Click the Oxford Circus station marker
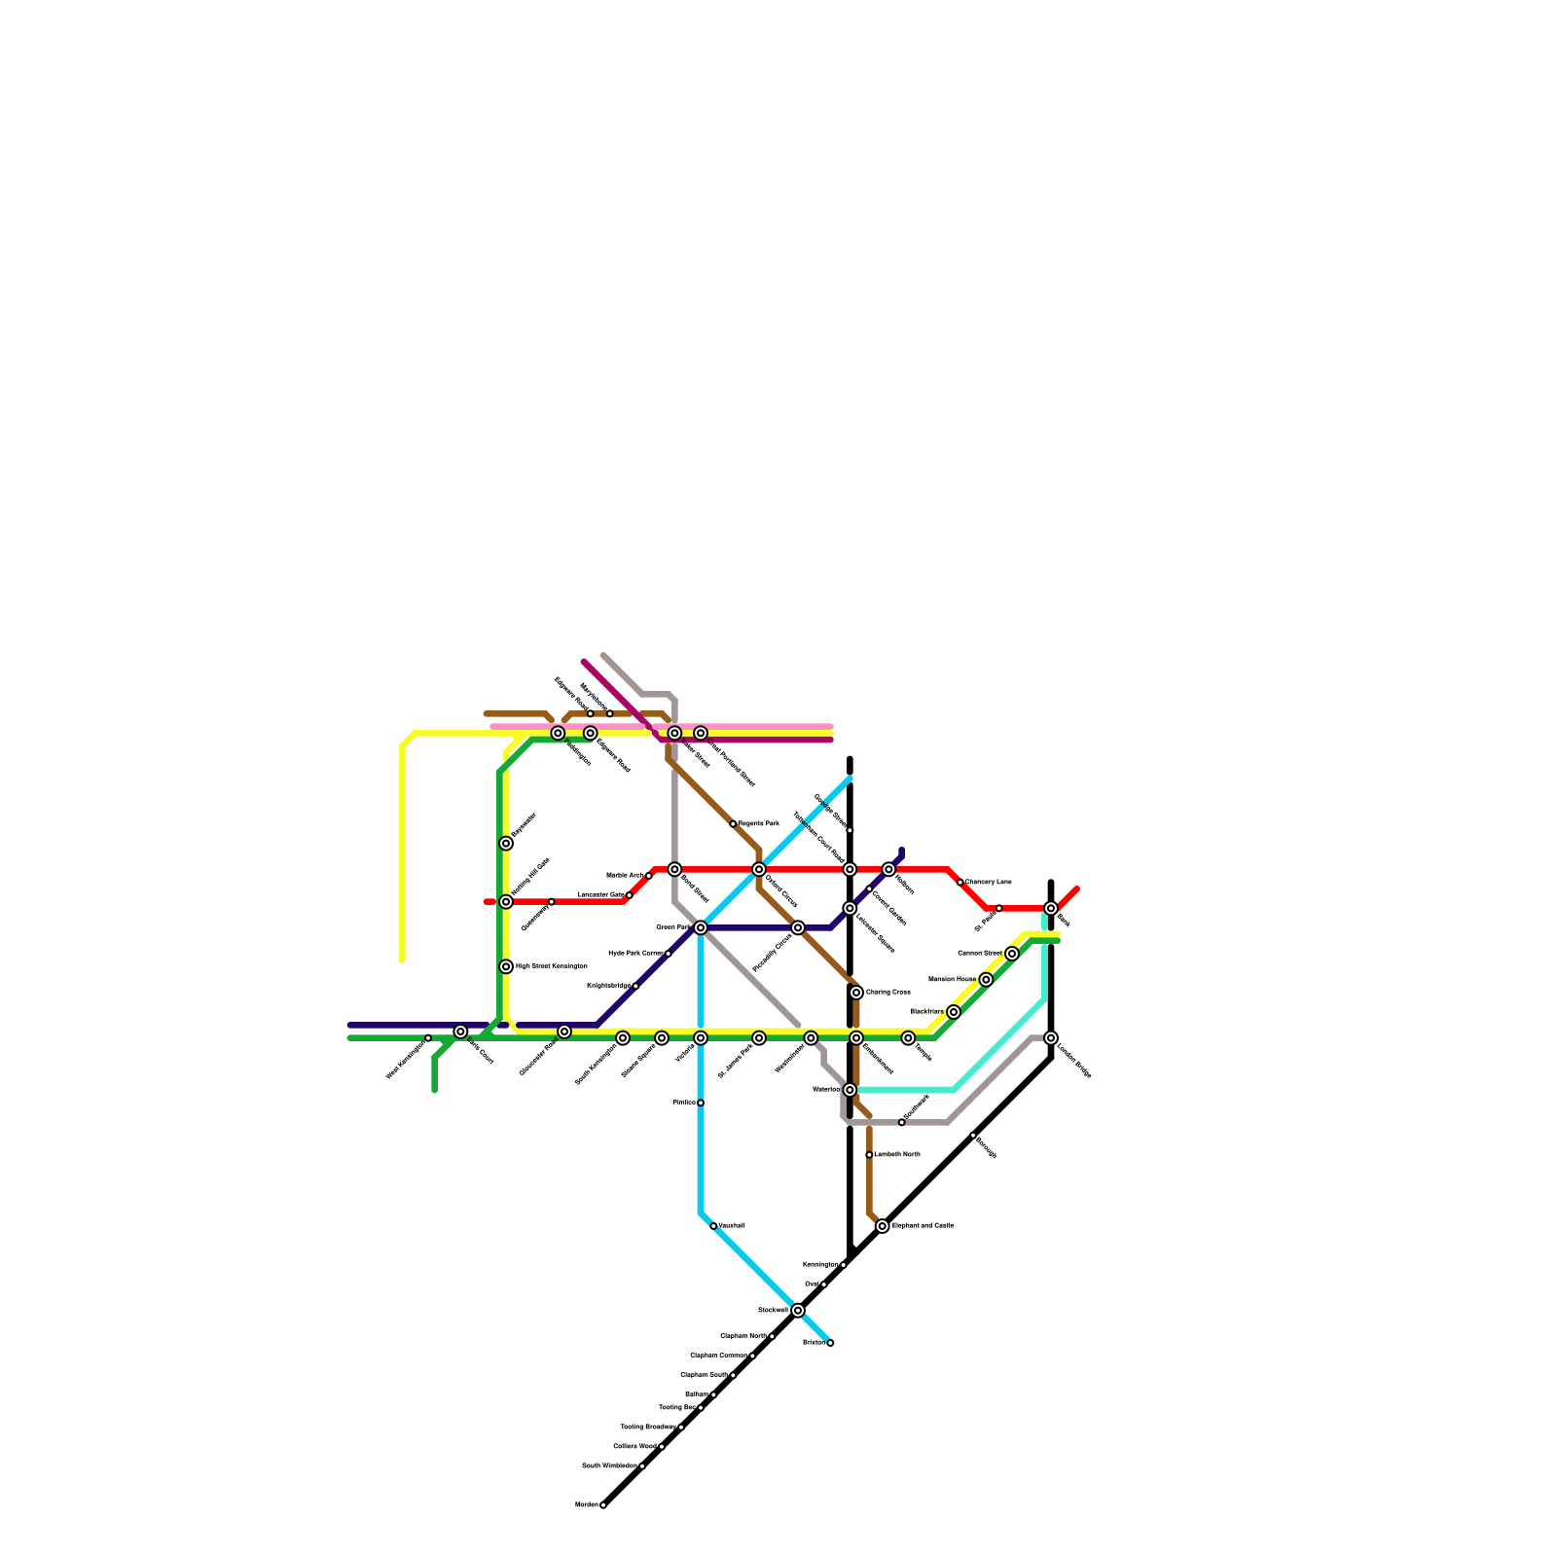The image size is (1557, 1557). [x=759, y=869]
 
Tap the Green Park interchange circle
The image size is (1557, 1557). [x=701, y=927]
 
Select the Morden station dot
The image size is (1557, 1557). [x=603, y=1504]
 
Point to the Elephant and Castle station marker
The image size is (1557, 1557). [x=883, y=1226]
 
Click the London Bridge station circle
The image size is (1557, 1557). [x=1051, y=1038]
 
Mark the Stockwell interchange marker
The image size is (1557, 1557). [x=798, y=1311]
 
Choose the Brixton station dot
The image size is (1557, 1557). [x=830, y=1343]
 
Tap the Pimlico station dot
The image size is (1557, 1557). [x=701, y=1103]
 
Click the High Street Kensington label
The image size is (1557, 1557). [x=551, y=966]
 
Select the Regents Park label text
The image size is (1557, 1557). [x=758, y=824]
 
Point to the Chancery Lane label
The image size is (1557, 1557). [x=988, y=882]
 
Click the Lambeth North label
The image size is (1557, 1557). [x=896, y=1154]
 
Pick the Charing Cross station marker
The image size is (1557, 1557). [x=856, y=993]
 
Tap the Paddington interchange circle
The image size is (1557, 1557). [x=558, y=733]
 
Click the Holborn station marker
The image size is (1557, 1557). [x=888, y=869]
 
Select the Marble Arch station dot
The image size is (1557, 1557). [x=649, y=876]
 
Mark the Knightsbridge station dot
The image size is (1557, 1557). [x=635, y=986]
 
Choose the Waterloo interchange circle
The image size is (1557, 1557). [x=850, y=1090]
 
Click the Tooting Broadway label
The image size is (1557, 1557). [x=647, y=1427]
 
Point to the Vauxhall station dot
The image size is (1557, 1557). [x=713, y=1226]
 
